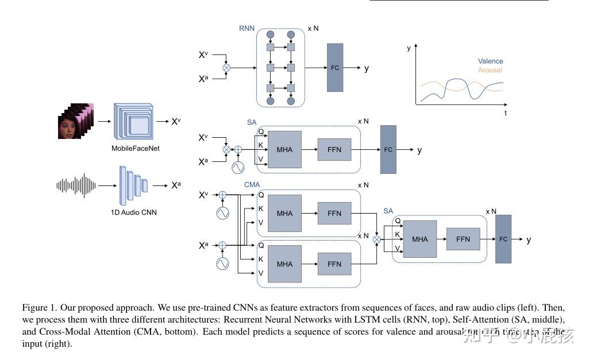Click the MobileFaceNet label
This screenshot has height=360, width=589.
136,148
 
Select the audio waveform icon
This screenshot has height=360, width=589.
76,185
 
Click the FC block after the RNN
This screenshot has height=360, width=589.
335,68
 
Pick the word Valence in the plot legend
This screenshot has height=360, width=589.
490,61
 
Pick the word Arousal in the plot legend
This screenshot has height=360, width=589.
490,70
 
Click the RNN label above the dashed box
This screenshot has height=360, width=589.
247,28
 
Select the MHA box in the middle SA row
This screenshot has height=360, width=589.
284,149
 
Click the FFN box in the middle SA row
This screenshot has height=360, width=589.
334,149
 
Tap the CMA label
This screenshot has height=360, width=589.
252,185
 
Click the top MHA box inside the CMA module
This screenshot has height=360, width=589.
284,213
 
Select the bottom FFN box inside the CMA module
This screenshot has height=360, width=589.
334,264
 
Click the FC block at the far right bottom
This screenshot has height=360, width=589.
503,239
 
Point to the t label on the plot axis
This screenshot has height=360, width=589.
506,113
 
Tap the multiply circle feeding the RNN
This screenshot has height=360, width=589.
226,68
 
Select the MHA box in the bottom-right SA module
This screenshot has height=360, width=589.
420,239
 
